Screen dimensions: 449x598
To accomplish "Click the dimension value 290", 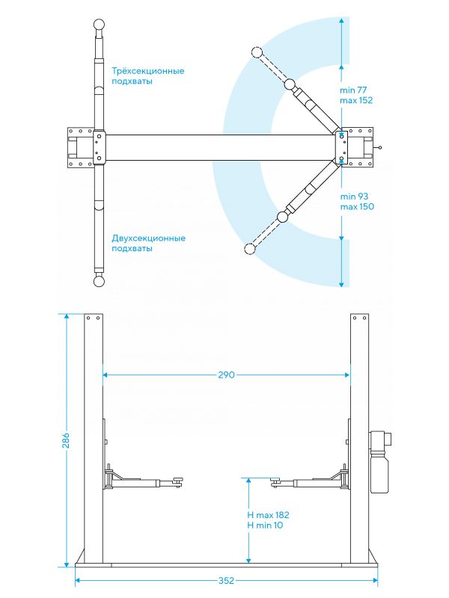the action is coord(227,375).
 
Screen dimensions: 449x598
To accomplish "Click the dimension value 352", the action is coord(227,581).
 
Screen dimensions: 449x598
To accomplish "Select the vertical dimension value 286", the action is coord(66,440).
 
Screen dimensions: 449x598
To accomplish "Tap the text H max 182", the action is coord(268,515).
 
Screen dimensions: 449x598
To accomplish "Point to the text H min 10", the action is coord(265,525).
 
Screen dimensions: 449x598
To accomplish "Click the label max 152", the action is coord(356,100).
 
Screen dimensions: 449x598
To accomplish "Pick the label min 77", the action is coord(353,90).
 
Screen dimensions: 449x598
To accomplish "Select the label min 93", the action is coord(354,197).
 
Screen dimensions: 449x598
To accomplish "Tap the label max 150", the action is coord(357,207).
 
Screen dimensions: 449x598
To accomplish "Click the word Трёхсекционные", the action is coord(148,71).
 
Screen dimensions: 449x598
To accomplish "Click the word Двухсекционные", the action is coord(148,238).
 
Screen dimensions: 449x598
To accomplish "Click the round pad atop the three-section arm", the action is coord(100,25).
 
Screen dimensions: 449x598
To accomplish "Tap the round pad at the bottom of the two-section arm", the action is coord(99,282).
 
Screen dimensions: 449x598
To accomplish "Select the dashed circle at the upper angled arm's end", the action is coord(257,52).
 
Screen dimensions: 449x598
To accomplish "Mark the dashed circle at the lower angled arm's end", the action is coord(250,249).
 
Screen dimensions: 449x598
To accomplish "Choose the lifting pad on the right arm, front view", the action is coord(275,481).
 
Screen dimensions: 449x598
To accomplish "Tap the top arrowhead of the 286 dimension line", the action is coord(67,316).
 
